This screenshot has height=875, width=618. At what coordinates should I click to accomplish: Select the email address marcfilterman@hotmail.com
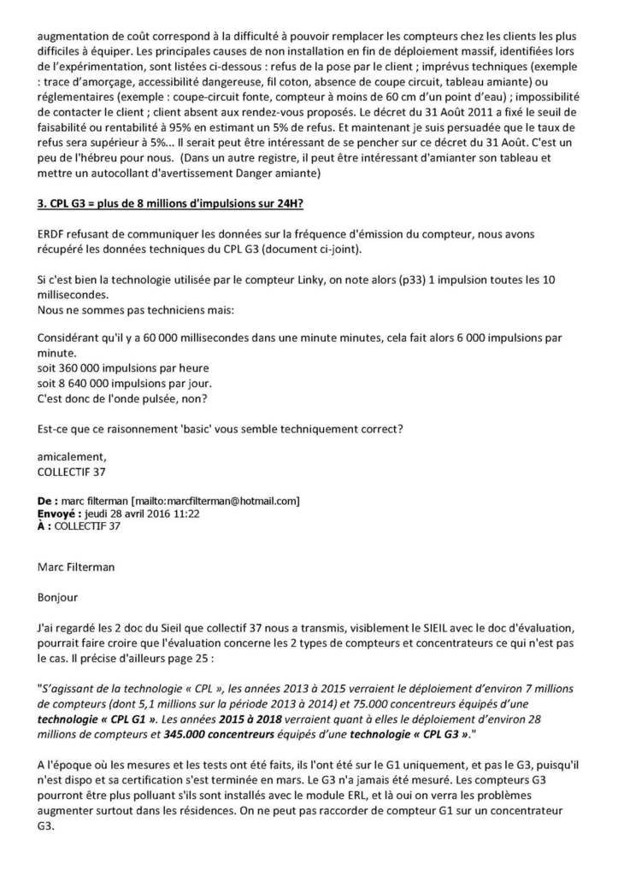point(223,501)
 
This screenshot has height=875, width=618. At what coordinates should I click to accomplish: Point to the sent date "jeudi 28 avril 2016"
point(128,514)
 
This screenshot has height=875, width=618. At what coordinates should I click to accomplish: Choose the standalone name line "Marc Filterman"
point(79,565)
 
